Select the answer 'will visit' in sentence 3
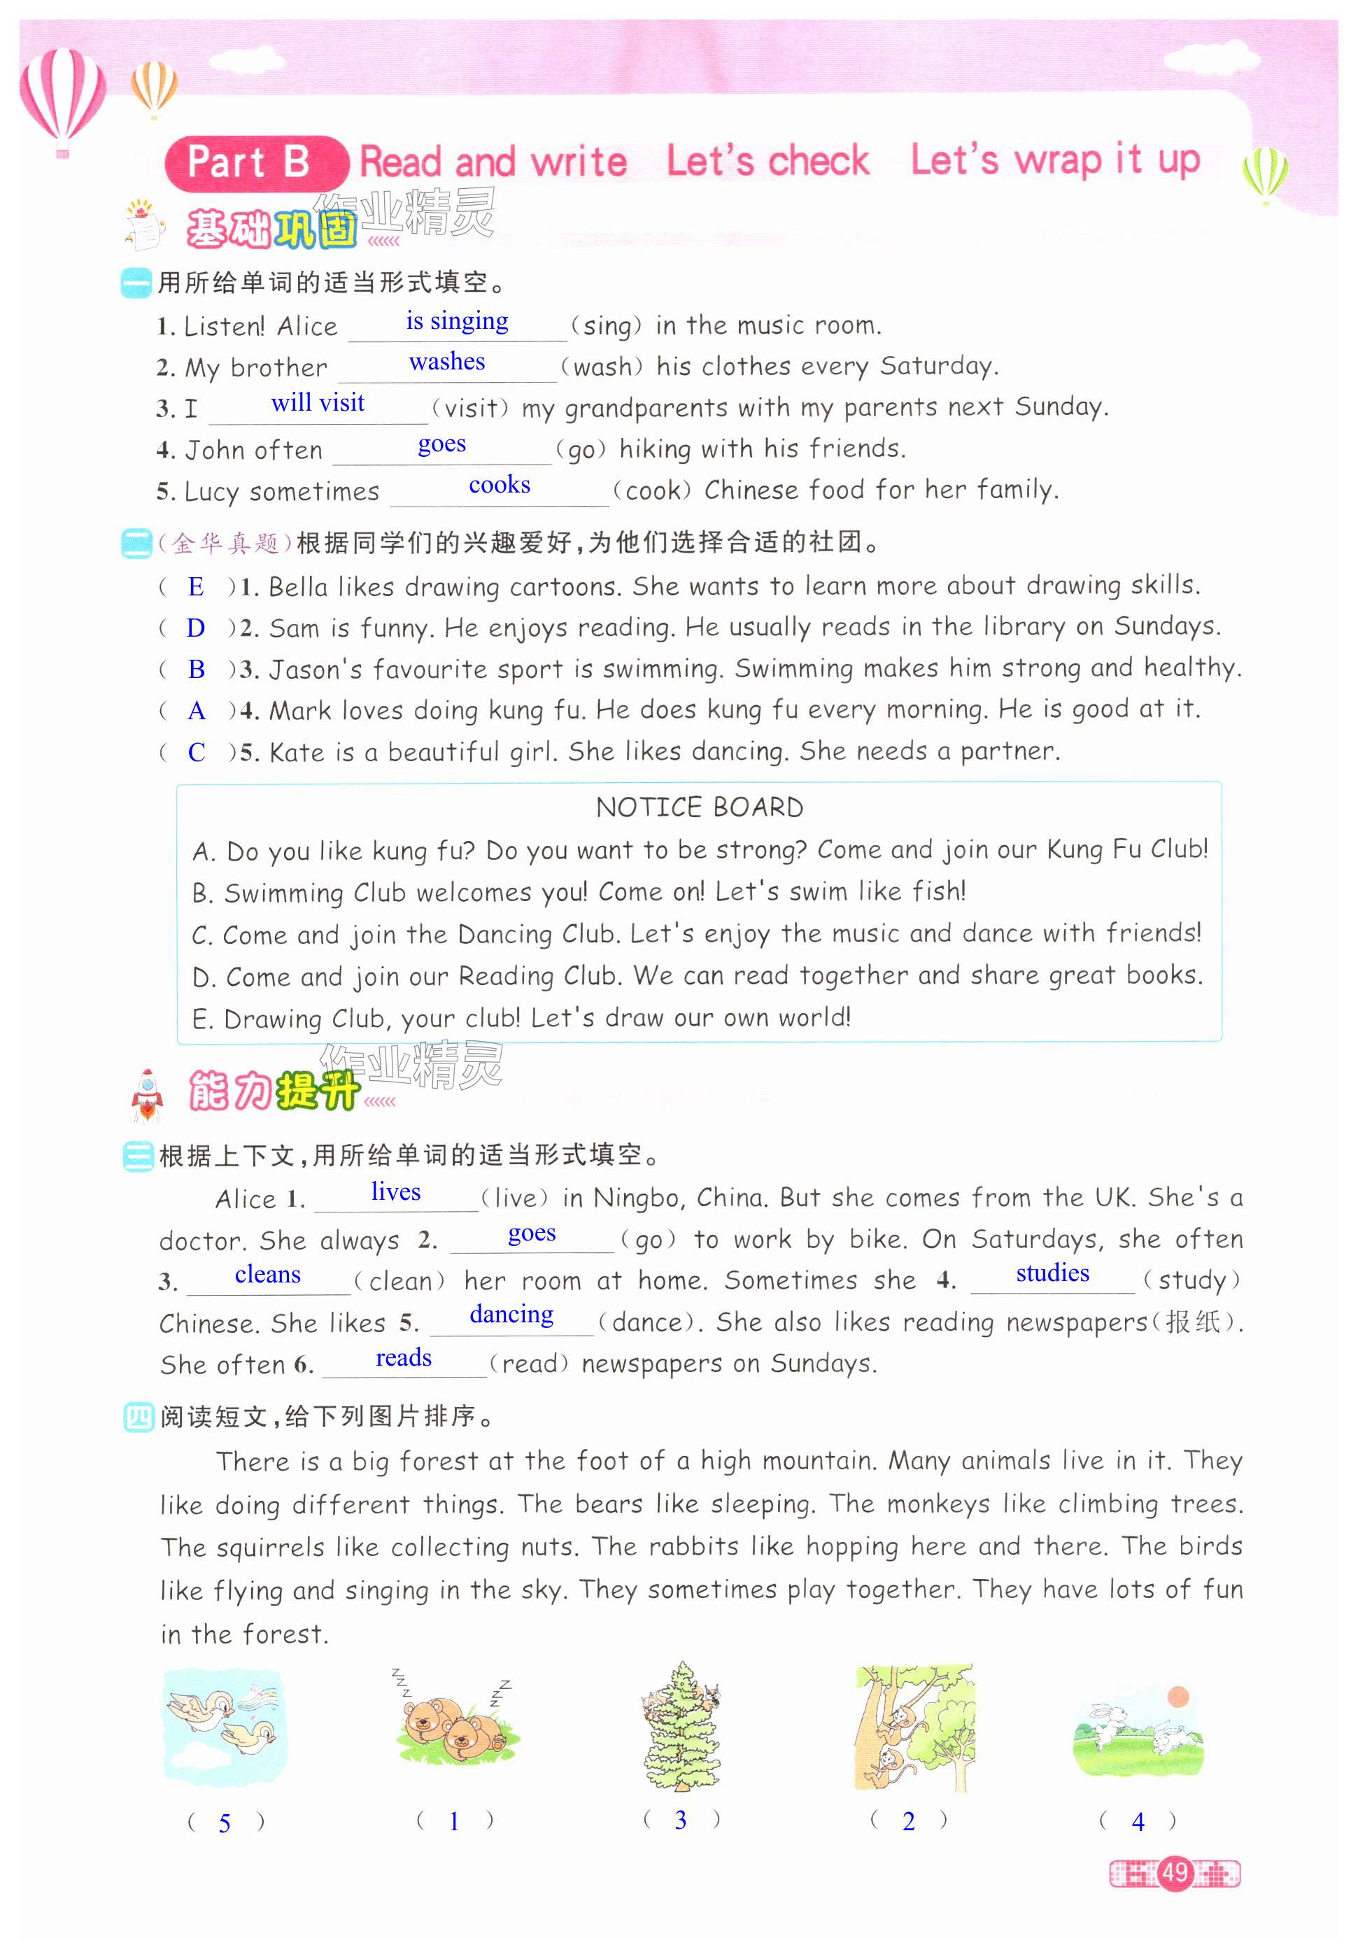[x=318, y=402]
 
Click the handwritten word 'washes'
[x=446, y=362]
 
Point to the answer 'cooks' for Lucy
[x=500, y=485]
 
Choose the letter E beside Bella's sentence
[x=196, y=586]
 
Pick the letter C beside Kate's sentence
[x=197, y=752]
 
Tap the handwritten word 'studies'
[x=1052, y=1273]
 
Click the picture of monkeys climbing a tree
[x=914, y=1727]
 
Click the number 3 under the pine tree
[x=680, y=1820]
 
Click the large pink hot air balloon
[x=62, y=98]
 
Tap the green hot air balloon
[x=1265, y=174]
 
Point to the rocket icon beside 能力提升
[x=147, y=1095]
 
